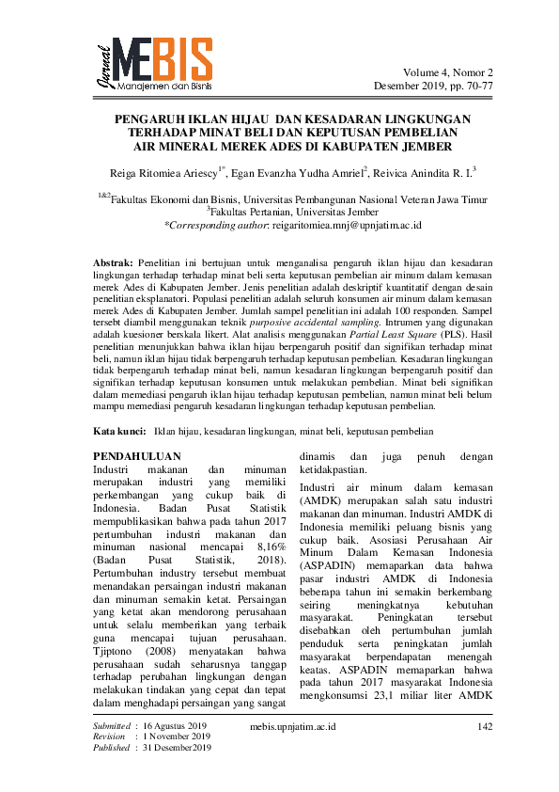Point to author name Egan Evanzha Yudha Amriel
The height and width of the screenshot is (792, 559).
[x=287, y=172]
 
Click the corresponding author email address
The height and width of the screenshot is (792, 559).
[x=345, y=226]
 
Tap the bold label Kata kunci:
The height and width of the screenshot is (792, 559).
[x=120, y=430]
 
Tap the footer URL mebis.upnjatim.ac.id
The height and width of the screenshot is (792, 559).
[x=294, y=726]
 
